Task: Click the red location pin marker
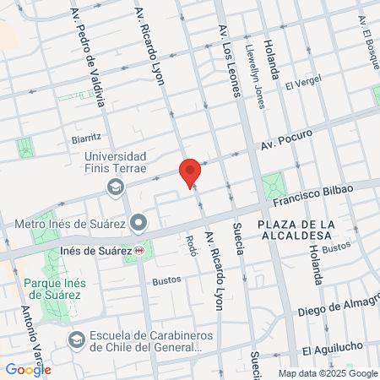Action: click(191, 171)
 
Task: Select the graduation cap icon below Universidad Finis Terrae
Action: click(114, 186)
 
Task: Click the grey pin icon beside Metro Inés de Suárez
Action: click(140, 224)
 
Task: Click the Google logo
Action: click(27, 369)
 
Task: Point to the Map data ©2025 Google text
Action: click(328, 373)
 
